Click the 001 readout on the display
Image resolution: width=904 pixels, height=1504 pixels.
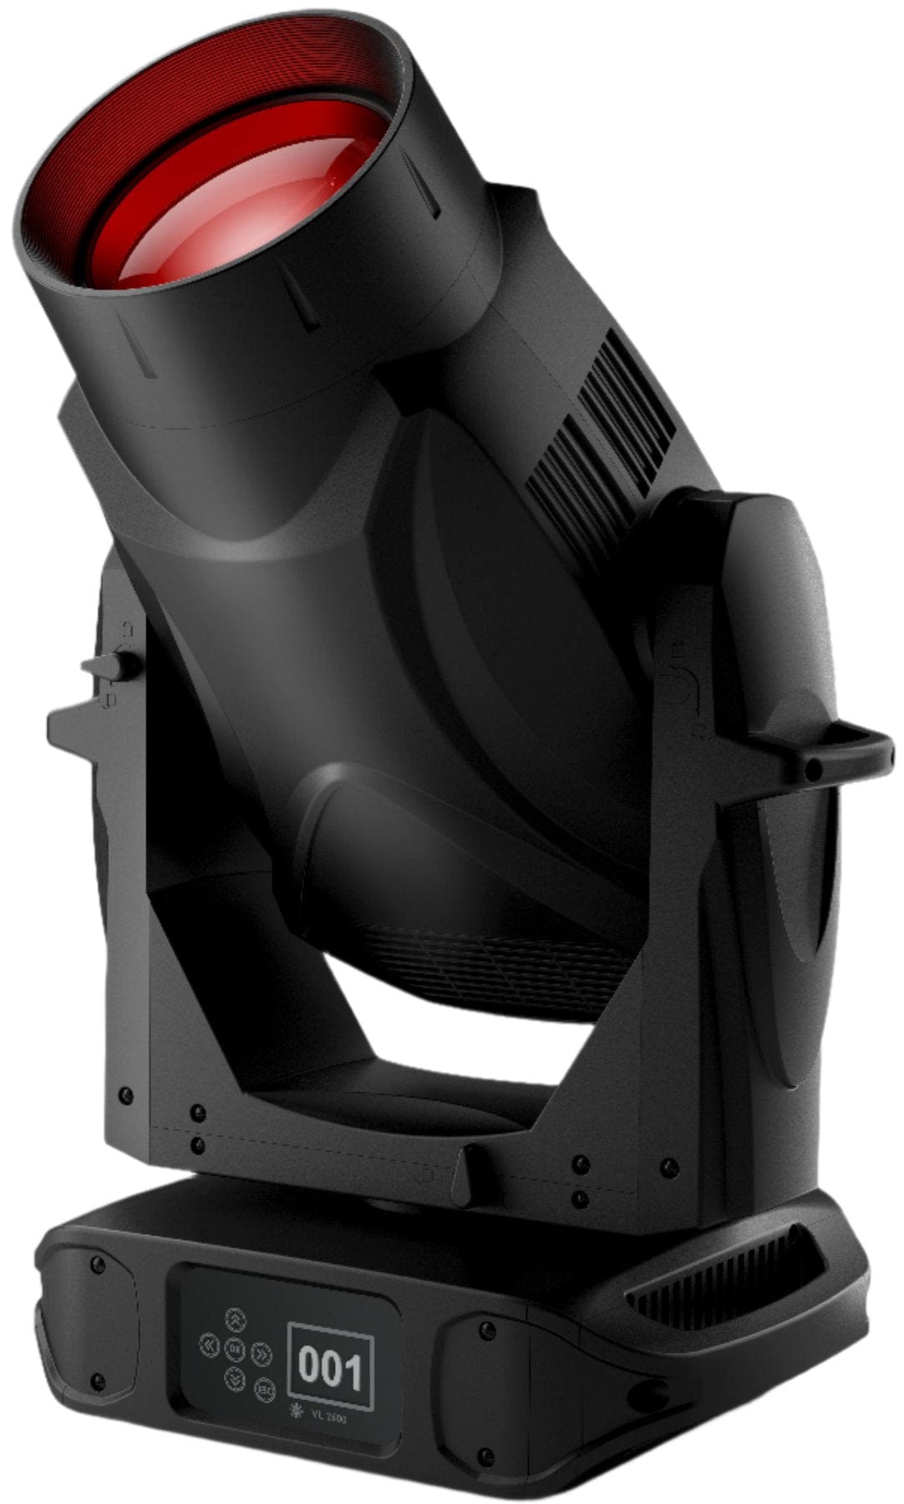pos(330,1368)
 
